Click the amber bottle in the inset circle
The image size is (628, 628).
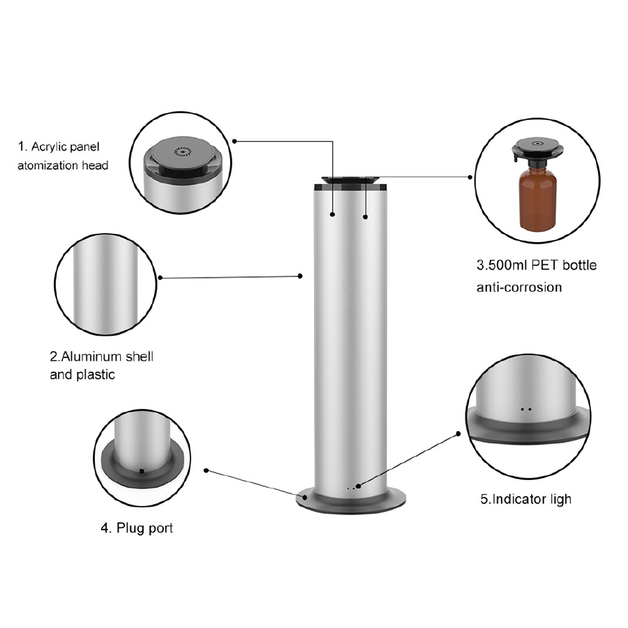click(537, 197)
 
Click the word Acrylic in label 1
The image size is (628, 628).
click(47, 147)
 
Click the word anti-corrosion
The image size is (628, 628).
click(519, 287)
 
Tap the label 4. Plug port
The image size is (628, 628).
click(137, 528)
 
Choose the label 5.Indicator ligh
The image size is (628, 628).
click(526, 499)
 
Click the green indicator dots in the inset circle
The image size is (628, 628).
click(526, 410)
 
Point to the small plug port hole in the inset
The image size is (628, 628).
click(141, 471)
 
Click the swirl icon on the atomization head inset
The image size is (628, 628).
click(182, 151)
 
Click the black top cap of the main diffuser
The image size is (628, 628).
click(351, 183)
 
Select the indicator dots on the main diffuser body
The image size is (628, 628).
click(350, 488)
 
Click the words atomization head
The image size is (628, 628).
click(63, 165)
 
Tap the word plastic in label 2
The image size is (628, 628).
click(96, 375)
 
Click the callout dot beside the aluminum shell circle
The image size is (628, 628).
click(160, 278)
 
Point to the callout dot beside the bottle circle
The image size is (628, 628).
click(470, 177)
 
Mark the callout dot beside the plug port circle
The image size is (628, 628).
click(207, 470)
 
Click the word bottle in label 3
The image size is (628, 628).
click(580, 265)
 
